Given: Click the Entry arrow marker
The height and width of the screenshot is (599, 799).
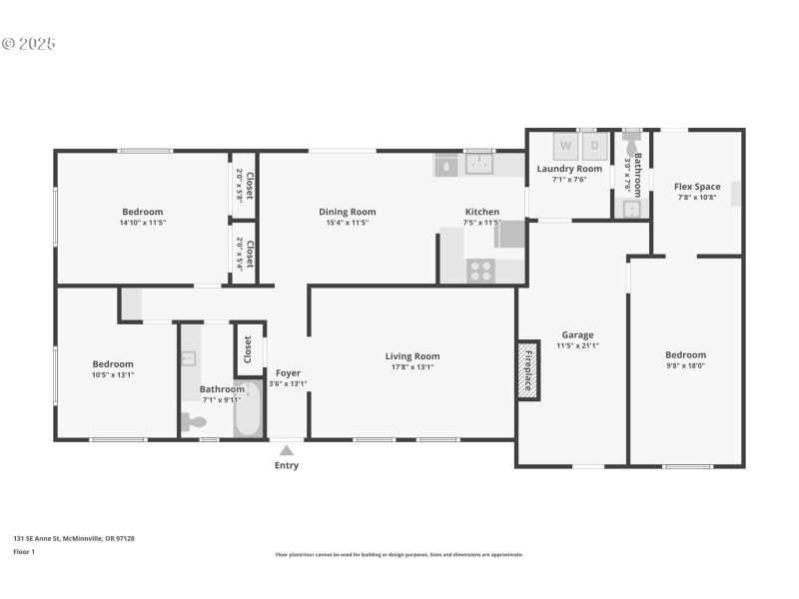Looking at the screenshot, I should coord(287,450).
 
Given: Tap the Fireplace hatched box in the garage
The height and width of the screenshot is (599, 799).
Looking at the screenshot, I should coord(527,371).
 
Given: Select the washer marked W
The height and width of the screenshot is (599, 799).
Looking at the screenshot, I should coord(565,146).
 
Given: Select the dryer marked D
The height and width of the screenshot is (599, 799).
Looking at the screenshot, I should coord(594,146).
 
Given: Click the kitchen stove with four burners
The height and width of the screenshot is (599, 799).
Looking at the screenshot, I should coord(481,270).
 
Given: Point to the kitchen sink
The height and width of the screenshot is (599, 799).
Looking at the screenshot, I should coord(480,163).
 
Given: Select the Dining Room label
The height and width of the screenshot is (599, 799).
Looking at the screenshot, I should coord(347,212).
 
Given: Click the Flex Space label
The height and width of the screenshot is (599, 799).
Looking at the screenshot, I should coord(697,187).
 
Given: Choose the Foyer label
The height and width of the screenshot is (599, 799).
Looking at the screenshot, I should coord(288,372).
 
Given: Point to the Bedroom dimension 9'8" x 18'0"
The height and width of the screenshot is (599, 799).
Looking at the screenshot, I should coord(685,366).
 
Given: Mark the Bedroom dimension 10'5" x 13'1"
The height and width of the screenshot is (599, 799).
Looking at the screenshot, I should coord(113,375).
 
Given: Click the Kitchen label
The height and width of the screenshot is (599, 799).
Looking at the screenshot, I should coord(481,212).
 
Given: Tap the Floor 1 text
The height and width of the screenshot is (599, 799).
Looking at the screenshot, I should coord(23,551).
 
